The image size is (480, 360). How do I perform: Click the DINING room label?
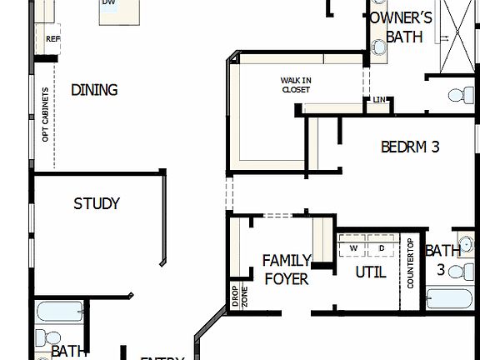93,90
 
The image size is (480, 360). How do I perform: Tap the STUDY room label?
97,203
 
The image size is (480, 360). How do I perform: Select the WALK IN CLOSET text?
296,84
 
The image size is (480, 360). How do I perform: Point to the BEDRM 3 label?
410,147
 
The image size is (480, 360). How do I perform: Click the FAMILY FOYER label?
287,270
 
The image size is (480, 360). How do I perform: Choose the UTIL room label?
371,272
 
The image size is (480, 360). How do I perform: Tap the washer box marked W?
353,248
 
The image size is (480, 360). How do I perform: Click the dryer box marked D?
382,248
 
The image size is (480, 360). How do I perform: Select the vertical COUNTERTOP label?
411,264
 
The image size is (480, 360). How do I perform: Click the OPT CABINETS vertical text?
46,113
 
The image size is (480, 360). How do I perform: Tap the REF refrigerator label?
52,39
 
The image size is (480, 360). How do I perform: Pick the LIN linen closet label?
379,101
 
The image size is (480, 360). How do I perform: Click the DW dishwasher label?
108,3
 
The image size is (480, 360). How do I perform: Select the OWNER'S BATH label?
403,27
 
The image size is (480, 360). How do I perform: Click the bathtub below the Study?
60,312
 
